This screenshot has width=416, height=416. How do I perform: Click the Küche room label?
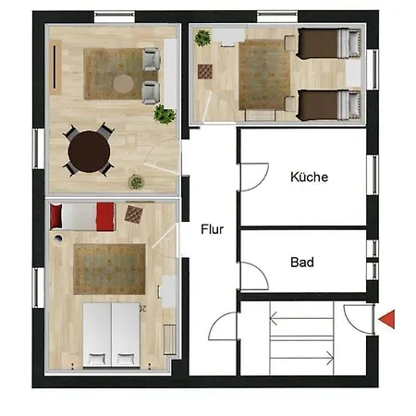pos(309,177)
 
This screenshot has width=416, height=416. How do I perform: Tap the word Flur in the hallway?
pos(212,229)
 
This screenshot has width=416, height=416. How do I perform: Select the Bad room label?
pos(302,263)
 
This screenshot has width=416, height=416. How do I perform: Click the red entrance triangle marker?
pos(388,320)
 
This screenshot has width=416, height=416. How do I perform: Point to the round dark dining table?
pos(89,152)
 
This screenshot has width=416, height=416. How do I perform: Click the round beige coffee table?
pos(123,84)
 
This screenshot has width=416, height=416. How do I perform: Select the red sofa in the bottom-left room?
pos(82,216)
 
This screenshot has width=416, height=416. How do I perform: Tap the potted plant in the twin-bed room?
pos(202,38)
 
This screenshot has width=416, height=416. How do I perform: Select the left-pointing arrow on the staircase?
pos(301,318)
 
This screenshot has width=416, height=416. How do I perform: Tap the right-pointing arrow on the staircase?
pos(301,358)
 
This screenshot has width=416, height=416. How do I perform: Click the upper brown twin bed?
pos(329,43)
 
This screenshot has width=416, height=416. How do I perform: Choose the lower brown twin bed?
pos(329,104)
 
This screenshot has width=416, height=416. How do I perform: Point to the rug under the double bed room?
pos(109,269)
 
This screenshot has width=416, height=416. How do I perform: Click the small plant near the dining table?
pos(136,182)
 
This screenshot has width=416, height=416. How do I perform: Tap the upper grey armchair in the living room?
pos(151,59)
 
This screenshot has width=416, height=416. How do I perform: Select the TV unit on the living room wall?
pos(55,67)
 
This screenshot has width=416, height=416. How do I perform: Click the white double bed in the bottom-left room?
pos(111,335)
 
